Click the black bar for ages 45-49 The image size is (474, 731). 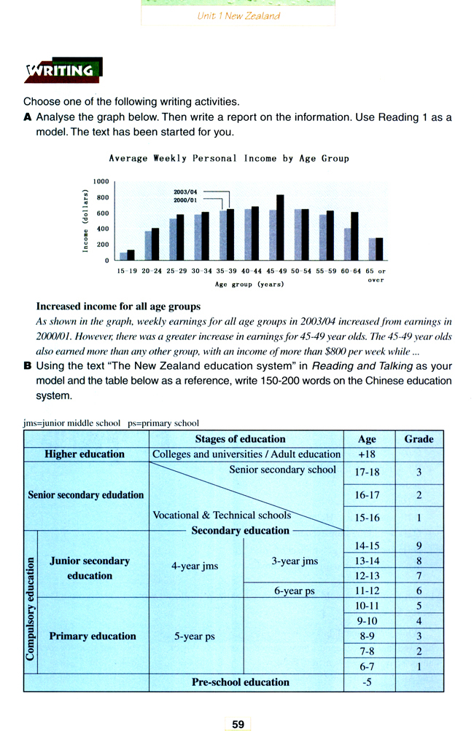tap(280, 227)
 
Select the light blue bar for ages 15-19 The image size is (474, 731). tap(123, 256)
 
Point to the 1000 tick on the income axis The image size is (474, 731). tap(101, 181)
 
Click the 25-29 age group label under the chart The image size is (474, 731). tap(176, 271)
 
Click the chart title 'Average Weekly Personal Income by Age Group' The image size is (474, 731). tap(228, 158)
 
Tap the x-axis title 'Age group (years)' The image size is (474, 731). tap(249, 285)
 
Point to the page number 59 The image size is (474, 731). tap(238, 724)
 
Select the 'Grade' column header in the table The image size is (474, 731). tap(419, 439)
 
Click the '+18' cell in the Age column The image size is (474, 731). tap(367, 454)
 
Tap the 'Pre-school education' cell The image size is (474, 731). tap(240, 682)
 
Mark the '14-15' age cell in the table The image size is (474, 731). tap(367, 545)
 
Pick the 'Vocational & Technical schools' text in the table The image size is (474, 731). tap(222, 515)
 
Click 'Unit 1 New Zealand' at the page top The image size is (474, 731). tap(238, 15)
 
